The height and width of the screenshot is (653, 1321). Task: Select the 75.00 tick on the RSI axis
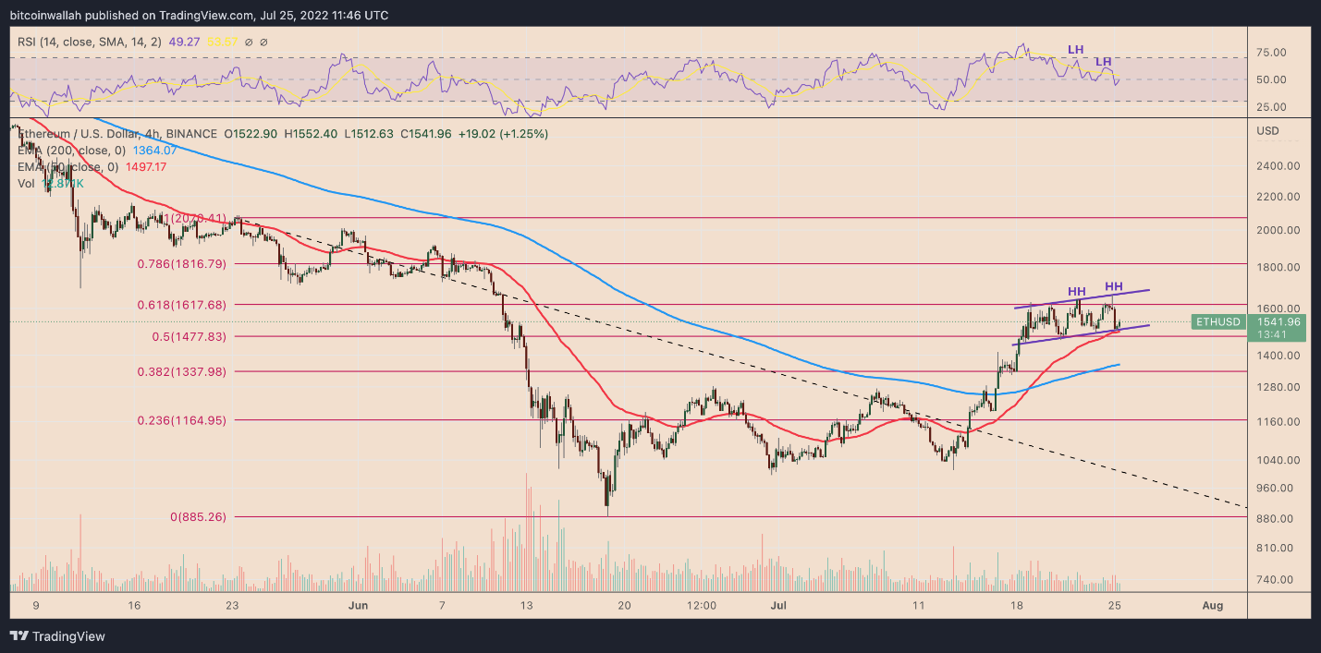[x=1274, y=54]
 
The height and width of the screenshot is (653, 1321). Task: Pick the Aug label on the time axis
[x=1213, y=606]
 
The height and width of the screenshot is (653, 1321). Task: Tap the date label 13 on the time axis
[x=527, y=606]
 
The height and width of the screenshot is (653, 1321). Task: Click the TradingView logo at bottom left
[x=57, y=636]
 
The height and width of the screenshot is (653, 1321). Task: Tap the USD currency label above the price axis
[x=1268, y=131]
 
